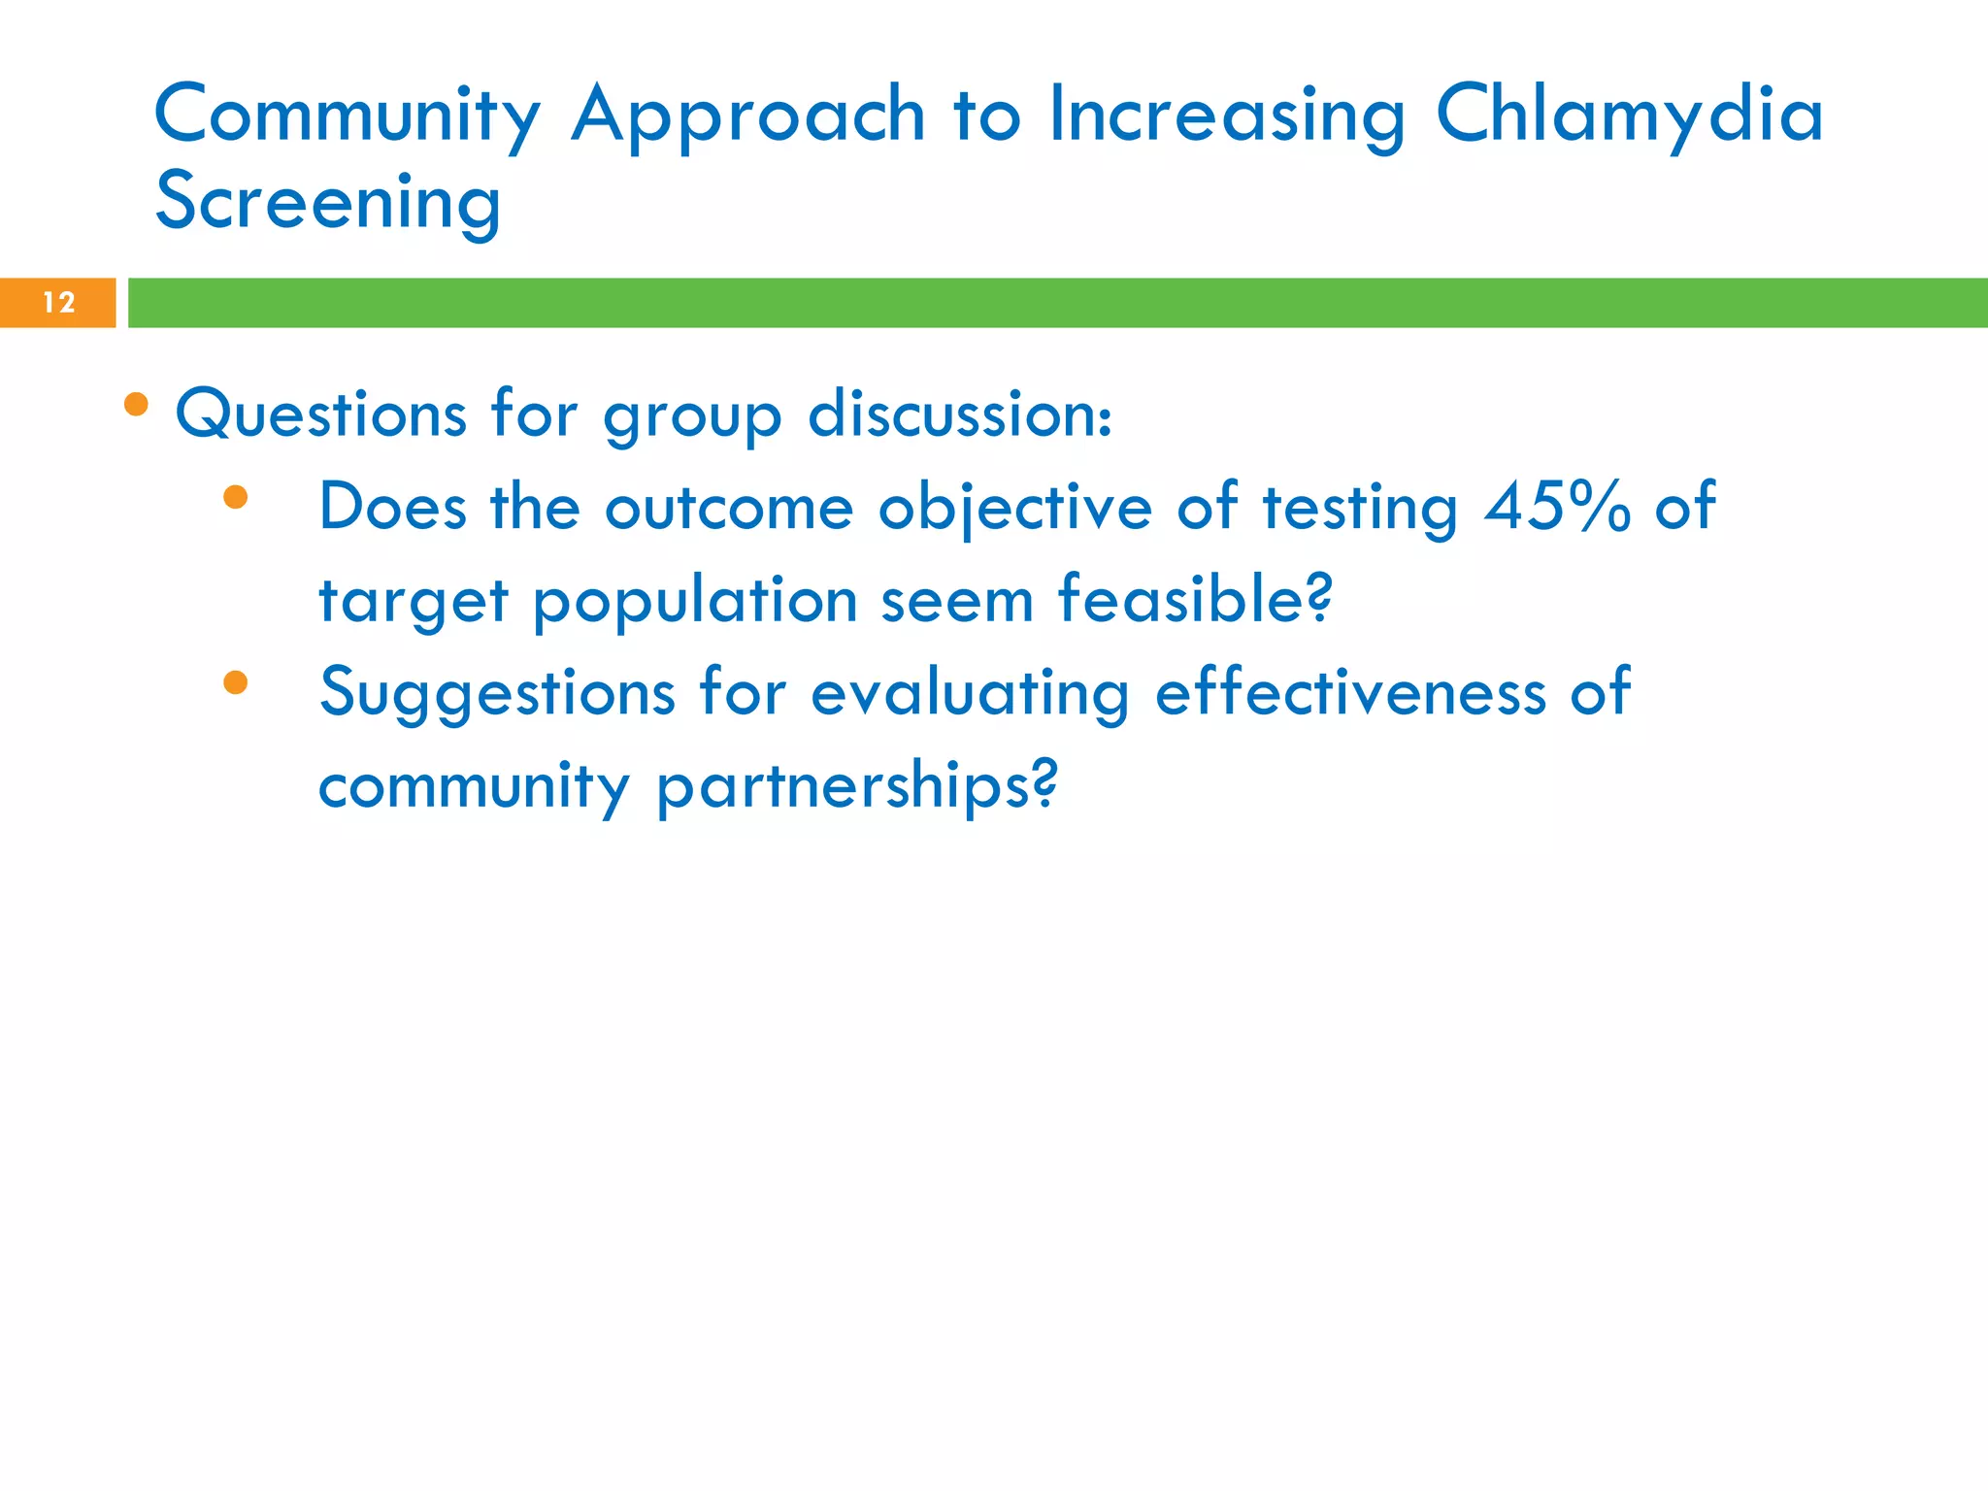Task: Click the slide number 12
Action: [58, 303]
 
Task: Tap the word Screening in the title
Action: [328, 203]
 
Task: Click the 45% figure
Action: [1557, 507]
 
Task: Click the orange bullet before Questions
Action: [137, 404]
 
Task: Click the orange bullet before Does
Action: [236, 498]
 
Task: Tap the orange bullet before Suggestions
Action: [236, 683]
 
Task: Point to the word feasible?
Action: [1195, 599]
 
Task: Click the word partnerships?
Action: [856, 786]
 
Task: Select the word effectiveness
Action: [1350, 693]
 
